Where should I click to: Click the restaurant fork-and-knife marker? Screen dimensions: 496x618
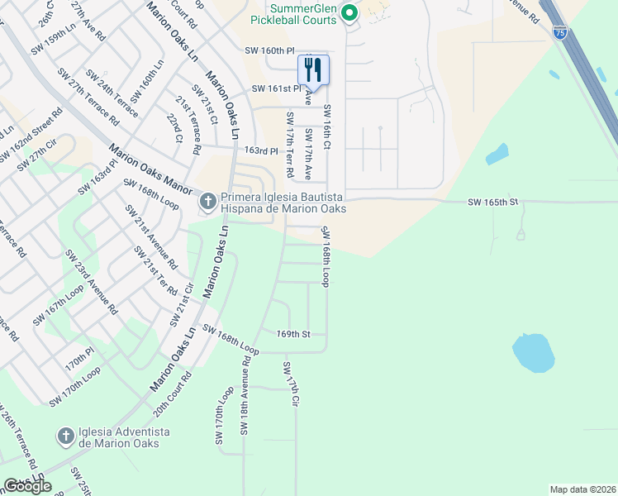pyautogui.click(x=313, y=69)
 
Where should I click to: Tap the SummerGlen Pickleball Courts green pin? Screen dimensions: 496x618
pyautogui.click(x=349, y=12)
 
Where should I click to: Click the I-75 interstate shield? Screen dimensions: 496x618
pyautogui.click(x=560, y=32)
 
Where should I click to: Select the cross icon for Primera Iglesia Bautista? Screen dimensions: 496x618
pyautogui.click(x=207, y=200)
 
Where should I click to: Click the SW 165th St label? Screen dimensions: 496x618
pyautogui.click(x=492, y=202)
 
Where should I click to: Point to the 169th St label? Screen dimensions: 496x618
pyautogui.click(x=292, y=334)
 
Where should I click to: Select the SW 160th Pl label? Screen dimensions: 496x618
pyautogui.click(x=269, y=51)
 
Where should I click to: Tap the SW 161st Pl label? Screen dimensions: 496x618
pyautogui.click(x=276, y=88)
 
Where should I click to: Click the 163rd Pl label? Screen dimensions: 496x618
pyautogui.click(x=262, y=151)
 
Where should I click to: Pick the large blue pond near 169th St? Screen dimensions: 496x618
pyautogui.click(x=532, y=352)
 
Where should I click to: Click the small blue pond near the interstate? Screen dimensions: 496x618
pyautogui.click(x=497, y=154)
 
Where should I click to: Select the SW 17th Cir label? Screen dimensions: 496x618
pyautogui.click(x=291, y=384)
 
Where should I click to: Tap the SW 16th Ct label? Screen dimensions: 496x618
pyautogui.click(x=327, y=127)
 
